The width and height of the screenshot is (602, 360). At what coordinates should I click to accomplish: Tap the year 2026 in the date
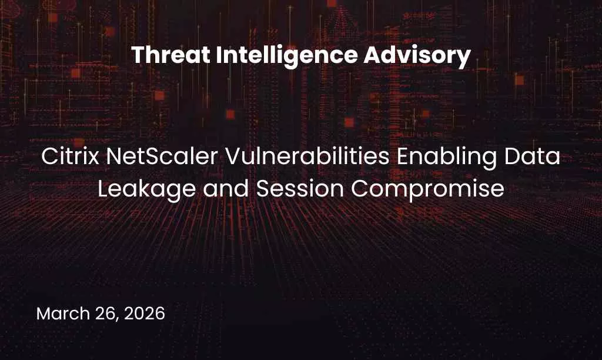tap(143, 314)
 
